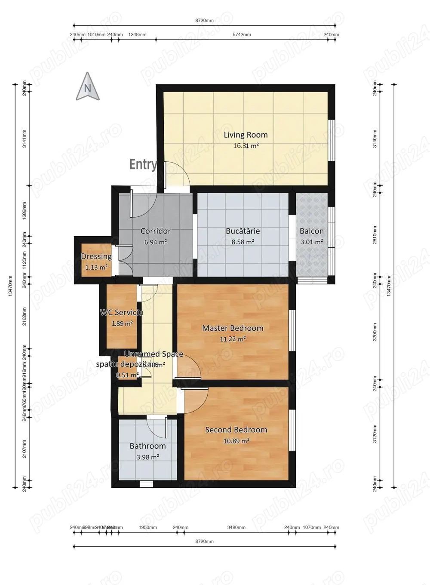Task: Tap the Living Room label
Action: click(246, 135)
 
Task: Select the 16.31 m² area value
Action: click(246, 146)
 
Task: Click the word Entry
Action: click(143, 164)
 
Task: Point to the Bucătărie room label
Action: click(243, 231)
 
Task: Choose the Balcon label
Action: click(312, 231)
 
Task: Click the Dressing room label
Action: click(96, 256)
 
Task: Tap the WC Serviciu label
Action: click(121, 312)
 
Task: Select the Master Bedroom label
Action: click(233, 328)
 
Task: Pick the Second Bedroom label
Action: click(236, 430)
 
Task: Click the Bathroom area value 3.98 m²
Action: click(147, 457)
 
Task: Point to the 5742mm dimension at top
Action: click(241, 35)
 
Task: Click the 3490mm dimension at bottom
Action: click(236, 527)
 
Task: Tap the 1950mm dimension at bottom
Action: click(147, 527)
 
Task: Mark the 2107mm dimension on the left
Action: click(24, 448)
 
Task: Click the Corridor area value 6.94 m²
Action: click(155, 242)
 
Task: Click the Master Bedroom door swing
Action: click(190, 369)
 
